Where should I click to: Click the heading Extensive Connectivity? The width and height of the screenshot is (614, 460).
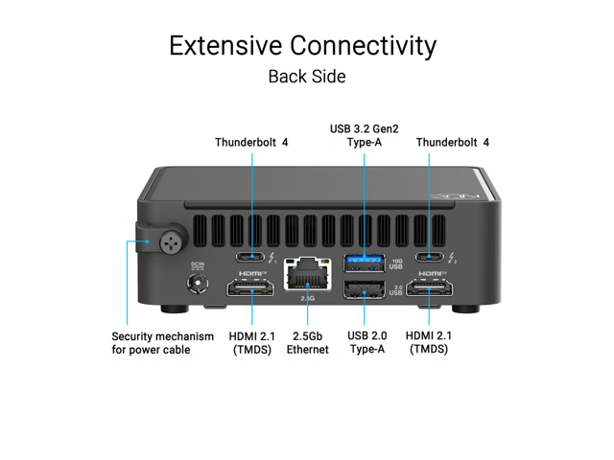coord(302,45)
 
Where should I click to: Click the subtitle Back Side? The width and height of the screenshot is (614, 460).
coord(306,76)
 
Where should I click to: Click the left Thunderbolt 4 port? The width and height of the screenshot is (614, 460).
coord(251,257)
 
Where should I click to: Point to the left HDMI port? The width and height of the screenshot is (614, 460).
coord(251,290)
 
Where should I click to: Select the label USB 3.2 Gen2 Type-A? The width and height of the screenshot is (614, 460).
coord(366,135)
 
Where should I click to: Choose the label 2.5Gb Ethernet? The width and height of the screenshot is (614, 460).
coord(307,342)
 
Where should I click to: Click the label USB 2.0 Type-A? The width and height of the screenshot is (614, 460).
coord(366,342)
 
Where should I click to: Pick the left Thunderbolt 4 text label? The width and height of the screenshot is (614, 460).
coord(251,142)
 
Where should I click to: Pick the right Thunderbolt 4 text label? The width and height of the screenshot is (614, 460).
coord(453,142)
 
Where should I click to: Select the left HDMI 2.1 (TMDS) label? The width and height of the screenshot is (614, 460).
coord(251,342)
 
